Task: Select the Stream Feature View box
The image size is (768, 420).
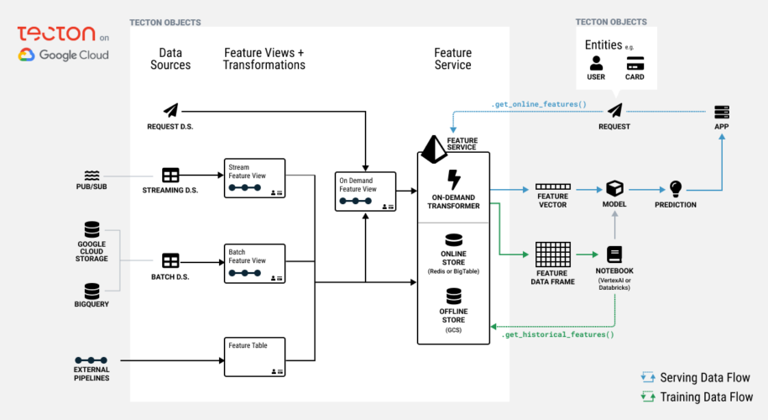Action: [x=254, y=178]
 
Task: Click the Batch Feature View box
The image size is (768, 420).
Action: [x=254, y=263]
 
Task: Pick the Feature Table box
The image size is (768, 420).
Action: [x=254, y=356]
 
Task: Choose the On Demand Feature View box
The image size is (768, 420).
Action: [x=366, y=191]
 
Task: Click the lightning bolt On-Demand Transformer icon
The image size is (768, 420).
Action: [x=453, y=180]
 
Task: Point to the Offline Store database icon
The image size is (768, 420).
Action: [x=453, y=296]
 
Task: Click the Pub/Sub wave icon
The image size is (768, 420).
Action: [x=91, y=175]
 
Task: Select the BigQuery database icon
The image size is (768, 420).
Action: [x=91, y=291]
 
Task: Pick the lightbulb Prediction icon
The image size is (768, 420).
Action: [x=676, y=189]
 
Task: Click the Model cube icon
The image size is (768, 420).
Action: [x=614, y=189]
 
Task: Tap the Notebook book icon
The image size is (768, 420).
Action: [x=614, y=255]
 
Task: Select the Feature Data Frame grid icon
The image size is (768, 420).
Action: [x=552, y=254]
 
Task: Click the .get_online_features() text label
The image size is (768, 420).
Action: [x=538, y=105]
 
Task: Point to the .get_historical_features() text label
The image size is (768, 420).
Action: [x=557, y=334]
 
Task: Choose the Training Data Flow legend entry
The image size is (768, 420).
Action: [x=696, y=396]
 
